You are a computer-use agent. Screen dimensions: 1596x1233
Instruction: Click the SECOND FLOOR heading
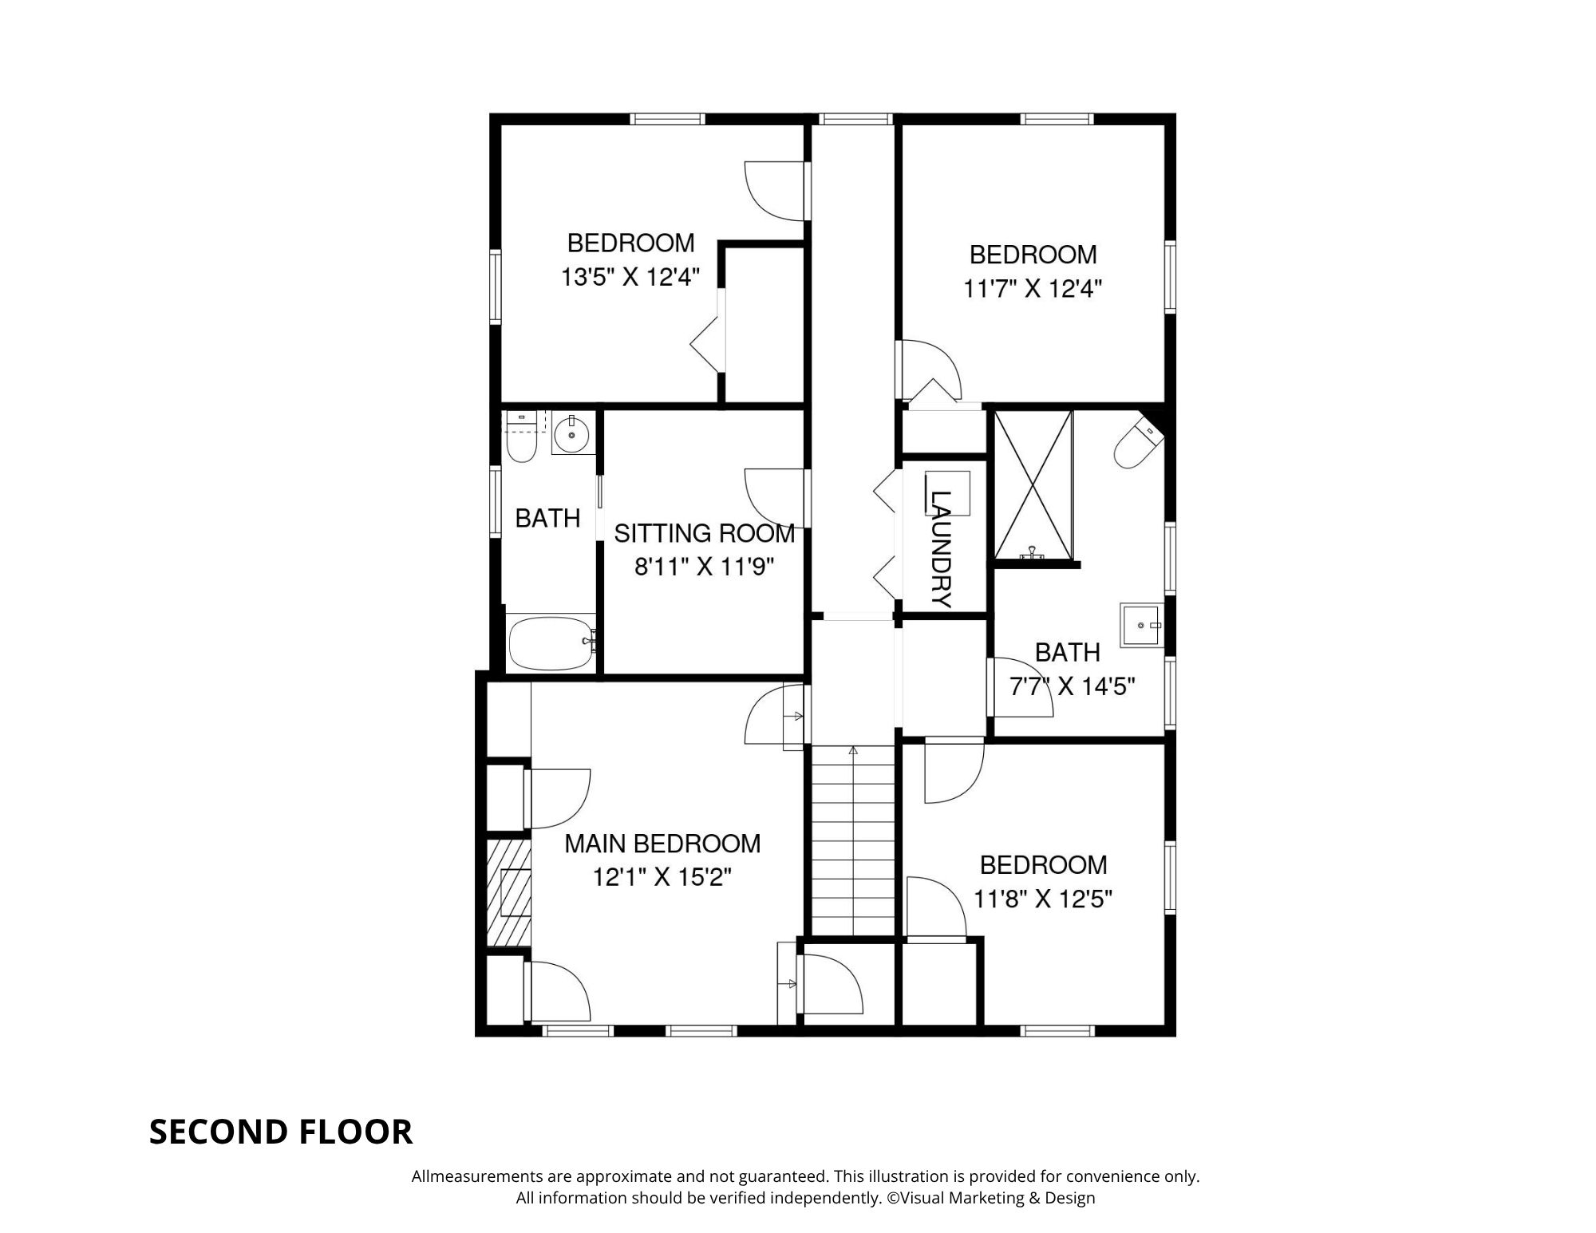[281, 1132]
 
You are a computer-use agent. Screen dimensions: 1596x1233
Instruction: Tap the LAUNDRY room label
[942, 549]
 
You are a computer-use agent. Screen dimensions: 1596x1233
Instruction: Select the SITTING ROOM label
[705, 533]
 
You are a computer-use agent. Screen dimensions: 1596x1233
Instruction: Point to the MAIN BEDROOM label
[662, 844]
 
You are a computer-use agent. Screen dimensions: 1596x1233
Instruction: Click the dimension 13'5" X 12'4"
[630, 277]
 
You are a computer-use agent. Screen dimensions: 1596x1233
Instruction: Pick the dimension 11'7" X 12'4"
[1033, 288]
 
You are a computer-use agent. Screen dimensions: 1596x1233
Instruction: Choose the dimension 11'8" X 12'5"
[1043, 899]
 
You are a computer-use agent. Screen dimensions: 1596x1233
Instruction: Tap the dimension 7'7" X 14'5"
[1073, 686]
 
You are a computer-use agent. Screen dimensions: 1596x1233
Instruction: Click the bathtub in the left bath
[551, 642]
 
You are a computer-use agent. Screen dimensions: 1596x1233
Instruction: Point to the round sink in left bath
[572, 435]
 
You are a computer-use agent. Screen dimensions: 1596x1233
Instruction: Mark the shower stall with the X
[1034, 484]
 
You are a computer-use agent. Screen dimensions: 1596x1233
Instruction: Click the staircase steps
[853, 840]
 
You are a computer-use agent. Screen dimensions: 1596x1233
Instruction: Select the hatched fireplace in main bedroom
[509, 894]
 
